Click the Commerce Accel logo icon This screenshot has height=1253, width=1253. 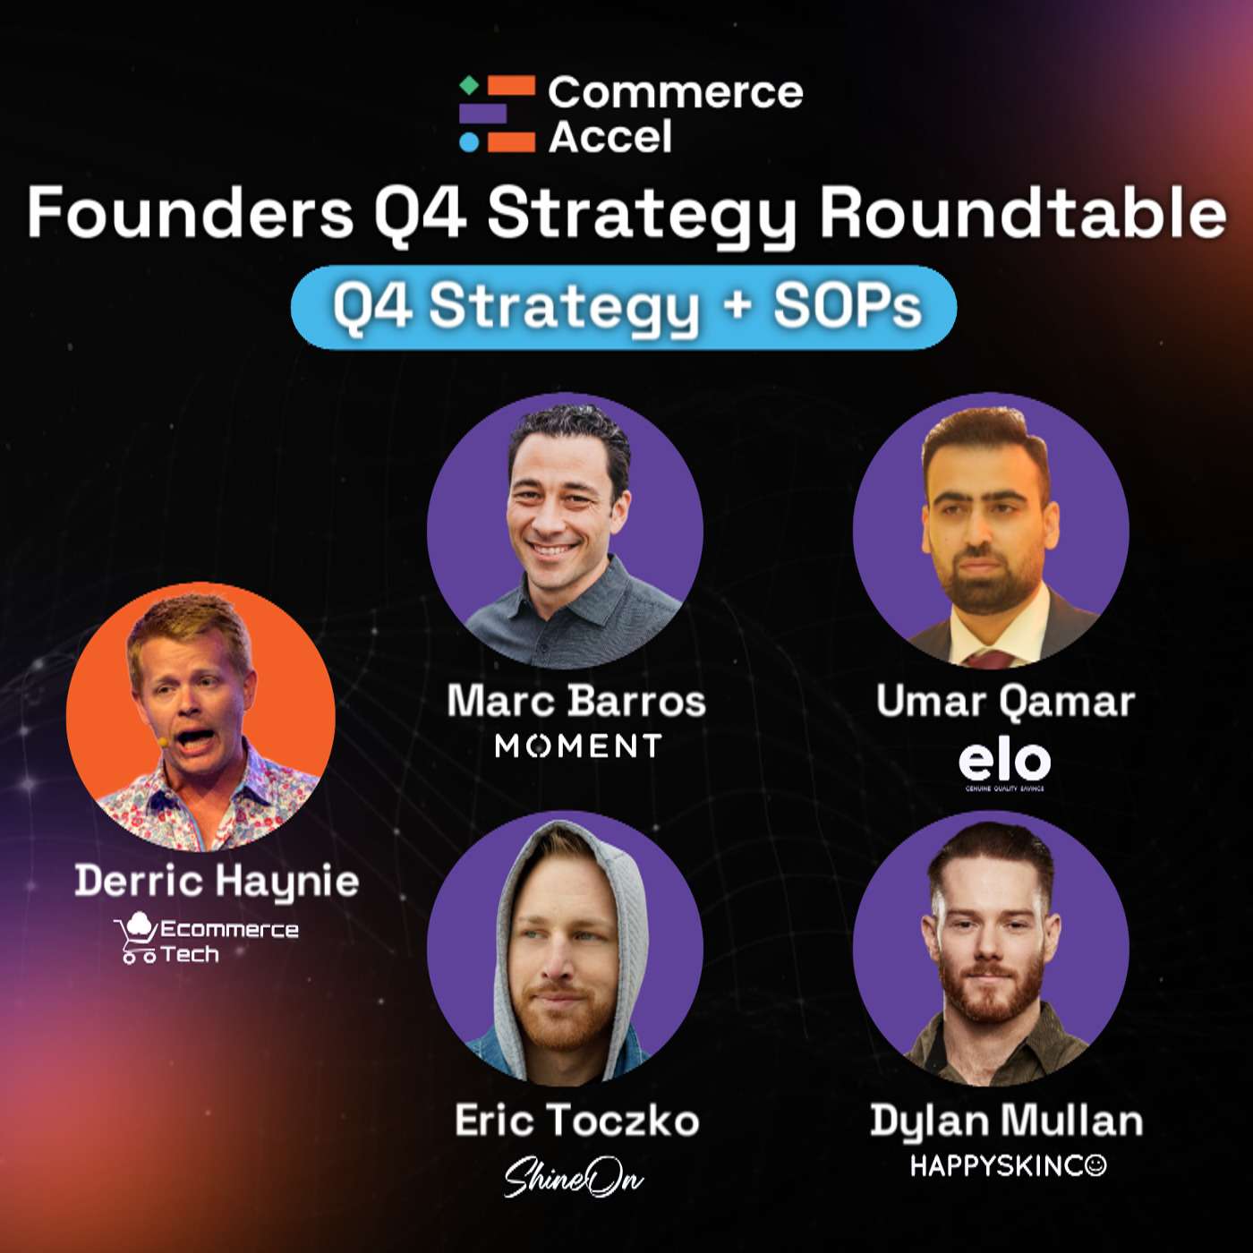pyautogui.click(x=498, y=114)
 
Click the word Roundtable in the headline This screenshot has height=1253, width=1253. pyautogui.click(x=1022, y=213)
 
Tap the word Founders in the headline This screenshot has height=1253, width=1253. pyautogui.click(x=190, y=213)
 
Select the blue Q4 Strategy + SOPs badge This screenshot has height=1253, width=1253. pyautogui.click(x=624, y=307)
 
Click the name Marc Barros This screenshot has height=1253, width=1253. pyautogui.click(x=576, y=701)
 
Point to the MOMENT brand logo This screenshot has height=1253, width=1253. pyautogui.click(x=578, y=746)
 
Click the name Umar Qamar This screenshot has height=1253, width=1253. pyautogui.click(x=1005, y=701)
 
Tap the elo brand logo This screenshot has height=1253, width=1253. pyautogui.click(x=1004, y=763)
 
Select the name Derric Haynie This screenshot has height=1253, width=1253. pyautogui.click(x=217, y=881)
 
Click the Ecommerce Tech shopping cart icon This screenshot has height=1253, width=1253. pyautogui.click(x=137, y=938)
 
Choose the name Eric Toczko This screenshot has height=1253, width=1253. pyautogui.click(x=576, y=1121)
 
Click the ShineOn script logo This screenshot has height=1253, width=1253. pyautogui.click(x=573, y=1177)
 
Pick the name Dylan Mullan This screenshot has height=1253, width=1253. pyautogui.click(x=1006, y=1121)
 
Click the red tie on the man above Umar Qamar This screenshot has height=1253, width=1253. pyautogui.click(x=990, y=660)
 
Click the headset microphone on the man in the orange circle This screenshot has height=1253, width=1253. pyautogui.click(x=162, y=742)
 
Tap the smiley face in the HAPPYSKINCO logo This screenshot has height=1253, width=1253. pyautogui.click(x=1095, y=1165)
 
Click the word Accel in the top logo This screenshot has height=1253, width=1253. pyautogui.click(x=609, y=137)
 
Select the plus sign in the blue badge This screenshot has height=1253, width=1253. pyautogui.click(x=737, y=304)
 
